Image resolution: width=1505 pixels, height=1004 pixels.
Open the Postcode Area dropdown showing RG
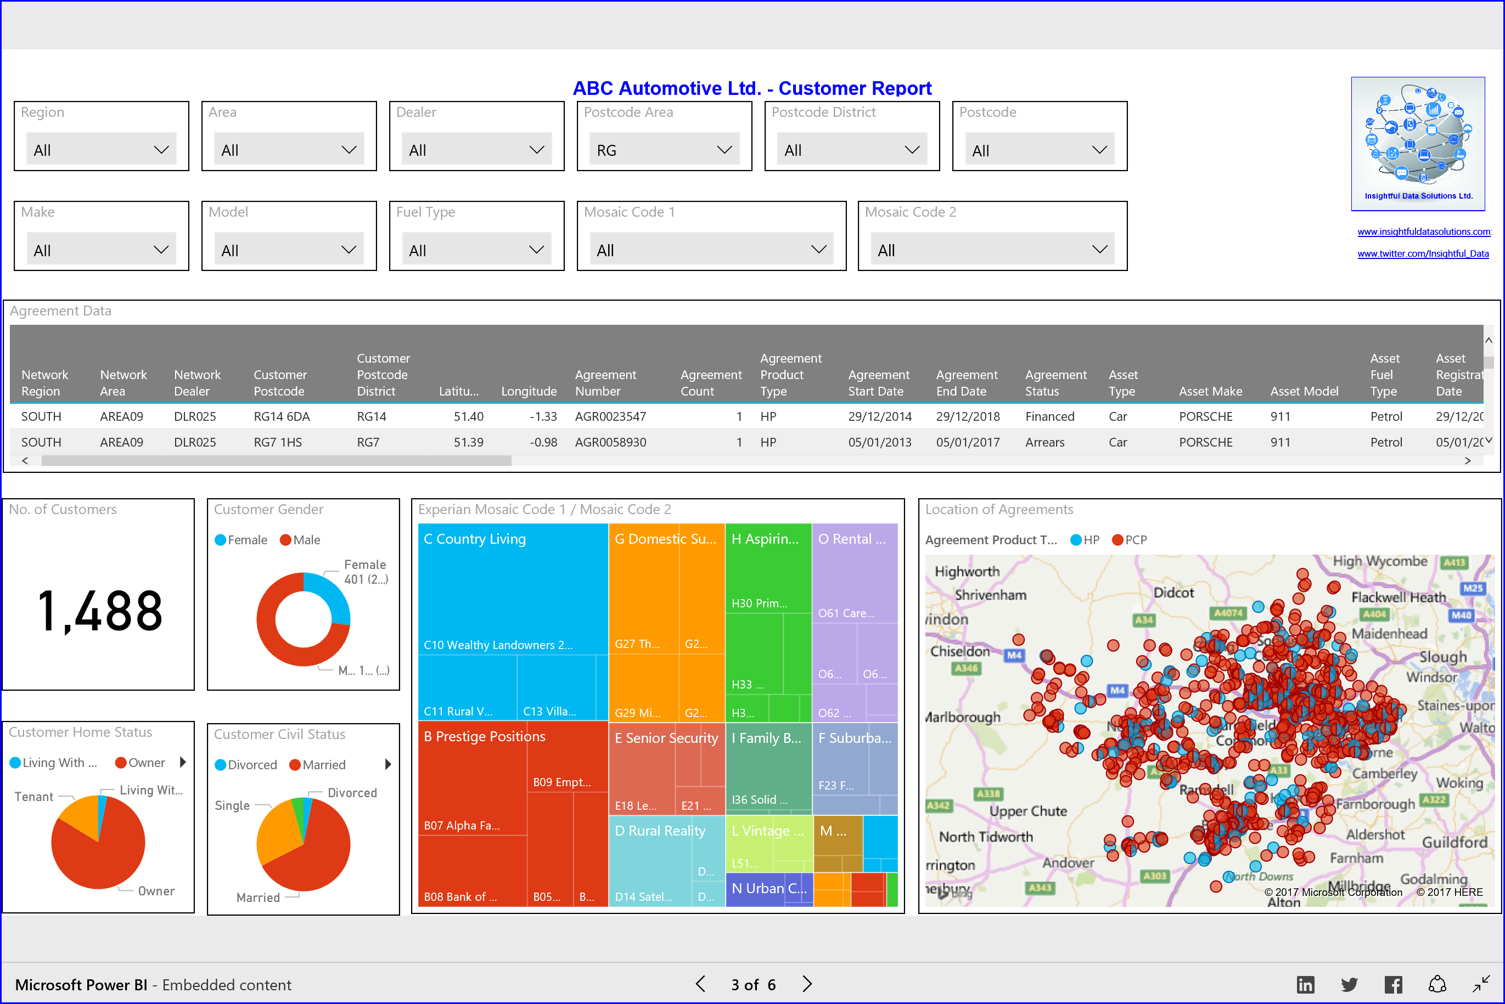click(664, 150)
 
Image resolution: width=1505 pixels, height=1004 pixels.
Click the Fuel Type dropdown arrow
click(536, 250)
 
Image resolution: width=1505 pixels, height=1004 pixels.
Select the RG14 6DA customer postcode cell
click(282, 416)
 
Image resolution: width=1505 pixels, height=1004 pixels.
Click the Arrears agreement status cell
click(1044, 442)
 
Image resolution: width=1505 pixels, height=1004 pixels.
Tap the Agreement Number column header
click(605, 382)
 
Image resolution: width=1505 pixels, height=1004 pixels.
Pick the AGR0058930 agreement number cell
click(610, 442)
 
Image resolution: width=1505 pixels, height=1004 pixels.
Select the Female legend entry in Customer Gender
click(241, 540)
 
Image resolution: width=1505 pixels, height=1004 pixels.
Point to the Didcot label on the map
click(1173, 593)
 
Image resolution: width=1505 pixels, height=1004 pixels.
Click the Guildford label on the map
click(1454, 842)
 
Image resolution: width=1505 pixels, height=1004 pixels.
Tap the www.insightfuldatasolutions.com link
click(1424, 232)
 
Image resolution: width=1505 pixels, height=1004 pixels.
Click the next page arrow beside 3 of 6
click(807, 984)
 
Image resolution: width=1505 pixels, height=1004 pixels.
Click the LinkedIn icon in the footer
click(1305, 984)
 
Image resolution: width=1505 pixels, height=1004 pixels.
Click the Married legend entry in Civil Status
click(318, 765)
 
